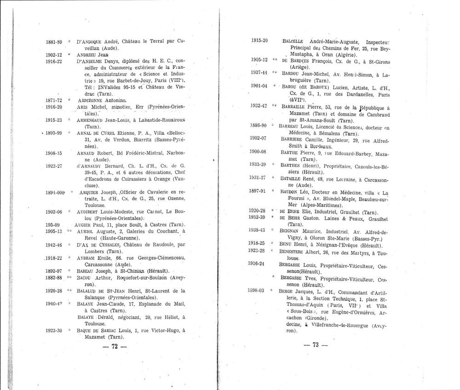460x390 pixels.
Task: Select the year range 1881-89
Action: (x=54, y=42)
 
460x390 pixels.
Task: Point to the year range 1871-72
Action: (x=54, y=99)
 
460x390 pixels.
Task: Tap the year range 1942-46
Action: (x=54, y=246)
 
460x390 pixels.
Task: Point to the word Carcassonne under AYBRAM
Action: (x=94, y=265)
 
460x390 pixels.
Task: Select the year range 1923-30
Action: (x=54, y=330)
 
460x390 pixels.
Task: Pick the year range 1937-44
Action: (x=260, y=72)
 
